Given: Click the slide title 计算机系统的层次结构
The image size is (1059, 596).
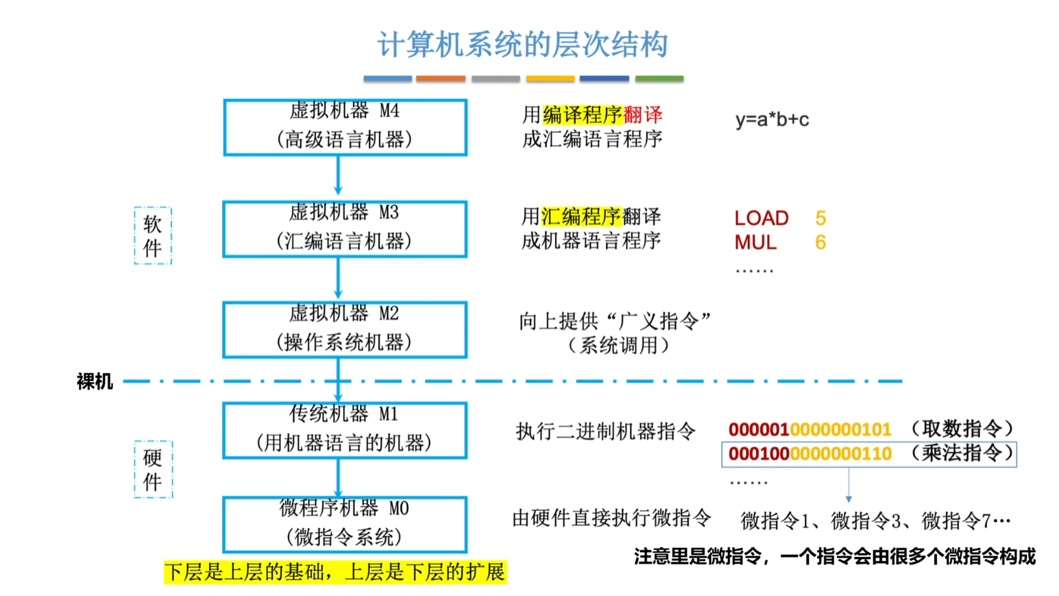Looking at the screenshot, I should [x=522, y=45].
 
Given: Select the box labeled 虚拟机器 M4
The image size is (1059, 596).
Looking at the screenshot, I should [x=345, y=127].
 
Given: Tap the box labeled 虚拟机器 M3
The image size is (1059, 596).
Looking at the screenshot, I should [x=345, y=228].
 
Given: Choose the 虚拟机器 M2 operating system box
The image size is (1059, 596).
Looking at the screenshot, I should [x=345, y=329].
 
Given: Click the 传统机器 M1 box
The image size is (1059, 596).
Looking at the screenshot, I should [x=345, y=430].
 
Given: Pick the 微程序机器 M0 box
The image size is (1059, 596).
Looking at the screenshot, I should [x=345, y=524].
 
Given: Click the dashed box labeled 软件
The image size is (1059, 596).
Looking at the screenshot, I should [x=152, y=235].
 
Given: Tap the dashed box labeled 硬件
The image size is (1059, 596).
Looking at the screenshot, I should [x=152, y=469].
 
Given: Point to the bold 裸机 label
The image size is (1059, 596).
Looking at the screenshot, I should [x=95, y=381].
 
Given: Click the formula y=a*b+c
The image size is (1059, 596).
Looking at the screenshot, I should [x=772, y=119].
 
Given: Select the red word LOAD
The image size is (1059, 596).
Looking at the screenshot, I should [x=761, y=218].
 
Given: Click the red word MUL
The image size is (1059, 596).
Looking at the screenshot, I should [x=755, y=243].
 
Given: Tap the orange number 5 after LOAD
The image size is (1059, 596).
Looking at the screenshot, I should [x=820, y=218].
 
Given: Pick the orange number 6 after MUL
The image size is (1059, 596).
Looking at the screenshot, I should [x=820, y=243].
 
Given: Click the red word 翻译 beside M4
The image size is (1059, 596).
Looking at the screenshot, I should [x=642, y=115].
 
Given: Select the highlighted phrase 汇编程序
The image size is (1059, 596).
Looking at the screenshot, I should [x=581, y=217].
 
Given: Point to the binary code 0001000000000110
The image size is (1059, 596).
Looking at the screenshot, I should [x=810, y=454].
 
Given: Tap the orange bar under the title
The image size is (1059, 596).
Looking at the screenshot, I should [x=441, y=79].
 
